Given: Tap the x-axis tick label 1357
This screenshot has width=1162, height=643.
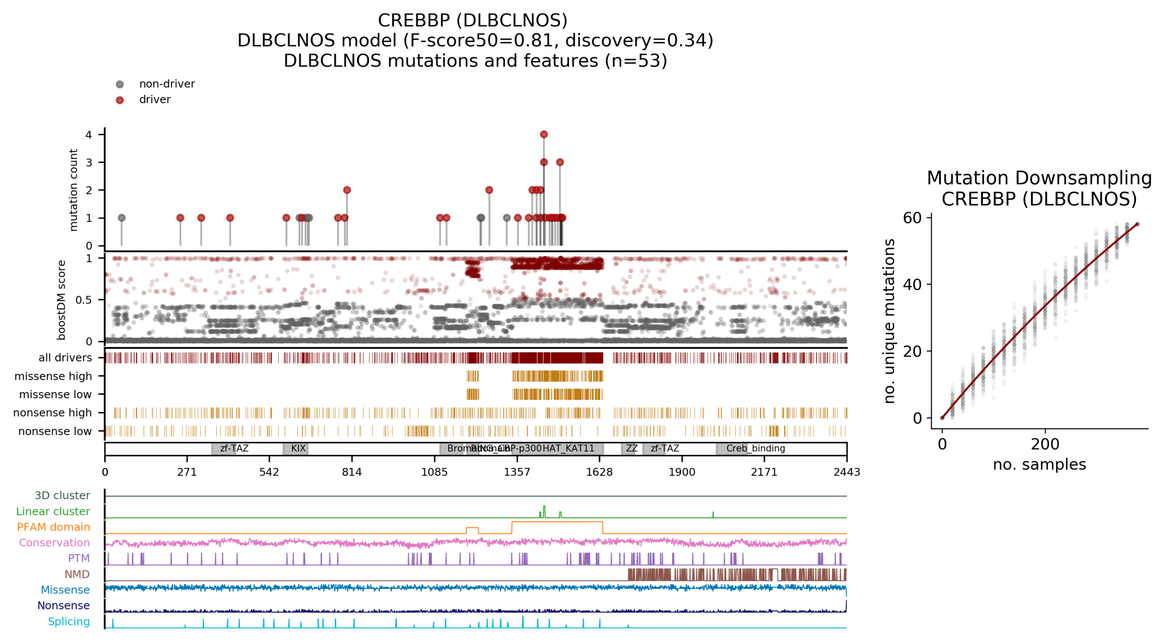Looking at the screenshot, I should pyautogui.click(x=517, y=472).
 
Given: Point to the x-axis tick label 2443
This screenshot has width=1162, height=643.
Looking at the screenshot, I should pyautogui.click(x=846, y=472).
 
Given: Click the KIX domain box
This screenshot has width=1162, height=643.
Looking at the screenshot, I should pyautogui.click(x=296, y=448).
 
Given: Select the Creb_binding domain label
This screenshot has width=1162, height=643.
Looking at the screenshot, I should pyautogui.click(x=756, y=448).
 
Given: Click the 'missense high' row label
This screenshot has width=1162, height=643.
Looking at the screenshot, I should pyautogui.click(x=53, y=376).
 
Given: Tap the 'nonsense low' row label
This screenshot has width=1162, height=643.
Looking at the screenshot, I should pyautogui.click(x=55, y=431).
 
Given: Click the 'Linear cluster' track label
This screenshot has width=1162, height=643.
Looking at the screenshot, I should pyautogui.click(x=53, y=511).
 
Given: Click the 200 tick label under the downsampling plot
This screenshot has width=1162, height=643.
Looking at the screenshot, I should pyautogui.click(x=1045, y=444).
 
